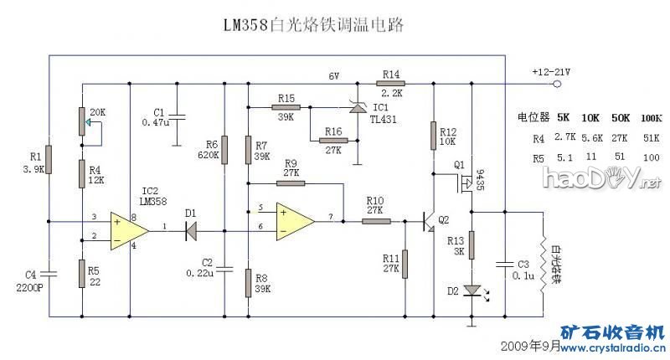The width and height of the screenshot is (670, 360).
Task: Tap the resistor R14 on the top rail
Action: (391, 84)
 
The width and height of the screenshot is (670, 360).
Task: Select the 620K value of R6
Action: (209, 155)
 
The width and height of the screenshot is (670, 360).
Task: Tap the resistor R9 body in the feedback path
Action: (291, 182)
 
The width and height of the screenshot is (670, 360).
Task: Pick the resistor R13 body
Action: (472, 244)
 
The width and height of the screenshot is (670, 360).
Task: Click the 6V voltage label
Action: (333, 76)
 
